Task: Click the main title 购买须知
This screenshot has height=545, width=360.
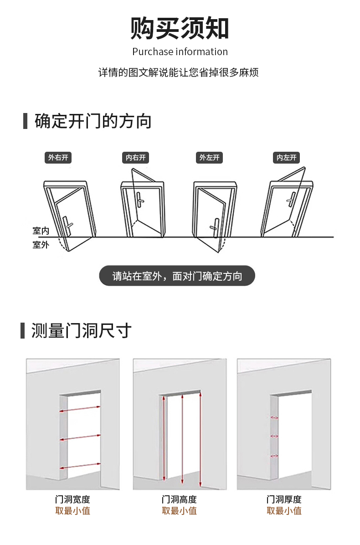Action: (x=180, y=28)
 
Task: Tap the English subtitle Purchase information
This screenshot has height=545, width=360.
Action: (x=180, y=52)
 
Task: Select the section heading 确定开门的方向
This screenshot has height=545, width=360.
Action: (x=93, y=122)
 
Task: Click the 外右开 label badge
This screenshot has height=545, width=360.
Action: (x=58, y=158)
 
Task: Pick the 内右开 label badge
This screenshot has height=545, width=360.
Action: (x=136, y=158)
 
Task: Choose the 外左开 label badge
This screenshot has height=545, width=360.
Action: (x=209, y=158)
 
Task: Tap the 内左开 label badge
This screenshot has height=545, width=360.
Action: (x=287, y=158)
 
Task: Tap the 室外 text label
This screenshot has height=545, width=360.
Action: (x=40, y=245)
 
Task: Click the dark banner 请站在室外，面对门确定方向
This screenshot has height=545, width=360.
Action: (x=177, y=276)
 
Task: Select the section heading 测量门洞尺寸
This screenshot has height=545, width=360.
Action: (x=81, y=330)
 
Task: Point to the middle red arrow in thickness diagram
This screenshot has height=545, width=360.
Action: (x=274, y=436)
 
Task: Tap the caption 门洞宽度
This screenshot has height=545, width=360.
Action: (x=72, y=499)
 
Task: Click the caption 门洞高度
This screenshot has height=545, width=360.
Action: (x=179, y=499)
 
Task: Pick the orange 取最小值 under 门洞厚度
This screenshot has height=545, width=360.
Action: (x=284, y=511)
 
